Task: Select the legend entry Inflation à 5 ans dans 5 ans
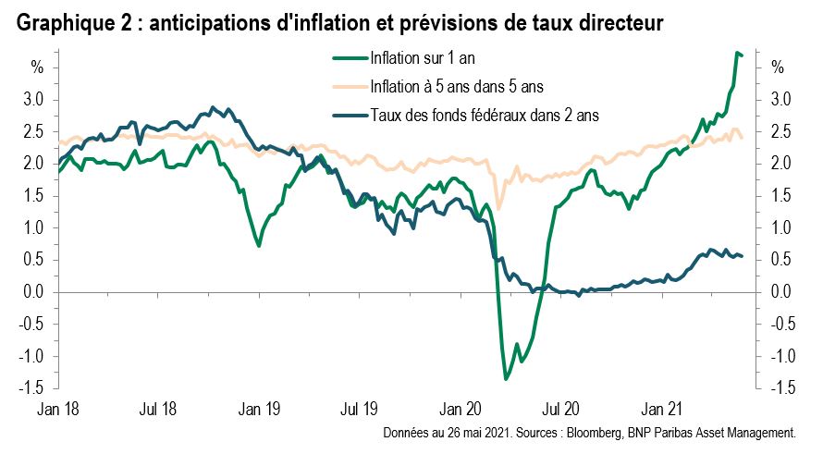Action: coord(454,88)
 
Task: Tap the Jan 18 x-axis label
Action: coord(58,408)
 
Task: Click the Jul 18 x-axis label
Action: coord(158,408)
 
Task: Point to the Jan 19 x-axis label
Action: coord(259,408)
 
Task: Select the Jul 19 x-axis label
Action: coord(359,408)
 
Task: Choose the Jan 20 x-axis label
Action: coord(460,408)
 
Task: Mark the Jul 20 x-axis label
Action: coord(559,408)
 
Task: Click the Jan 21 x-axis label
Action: coord(660,408)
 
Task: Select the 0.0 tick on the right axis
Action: coord(780,292)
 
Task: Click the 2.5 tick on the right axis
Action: coord(780,131)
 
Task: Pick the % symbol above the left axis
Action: coord(37,67)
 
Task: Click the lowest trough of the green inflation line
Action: coord(506,379)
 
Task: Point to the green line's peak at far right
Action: coord(737,53)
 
